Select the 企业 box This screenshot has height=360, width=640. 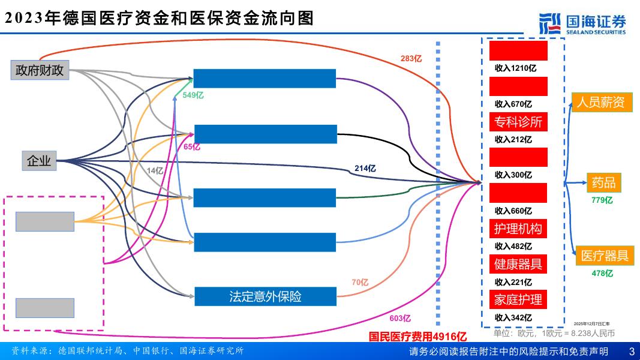(x=39, y=161)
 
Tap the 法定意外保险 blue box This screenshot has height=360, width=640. (x=265, y=296)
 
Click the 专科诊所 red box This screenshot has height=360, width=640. (x=518, y=122)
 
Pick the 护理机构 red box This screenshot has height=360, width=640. (x=518, y=229)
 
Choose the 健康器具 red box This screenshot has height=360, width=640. (x=518, y=263)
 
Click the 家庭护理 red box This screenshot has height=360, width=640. (x=518, y=299)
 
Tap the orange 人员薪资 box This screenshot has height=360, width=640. (x=600, y=103)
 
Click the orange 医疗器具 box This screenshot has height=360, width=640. (x=604, y=256)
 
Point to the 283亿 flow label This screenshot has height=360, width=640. (x=411, y=59)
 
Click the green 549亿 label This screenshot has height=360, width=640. (x=193, y=95)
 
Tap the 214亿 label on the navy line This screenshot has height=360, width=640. (x=365, y=169)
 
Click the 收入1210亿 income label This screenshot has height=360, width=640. (x=515, y=68)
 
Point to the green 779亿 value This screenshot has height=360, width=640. (x=602, y=200)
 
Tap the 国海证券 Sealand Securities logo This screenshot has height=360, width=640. (x=582, y=24)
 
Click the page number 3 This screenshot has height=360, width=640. (x=631, y=351)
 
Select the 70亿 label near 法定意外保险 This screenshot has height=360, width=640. (x=360, y=282)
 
